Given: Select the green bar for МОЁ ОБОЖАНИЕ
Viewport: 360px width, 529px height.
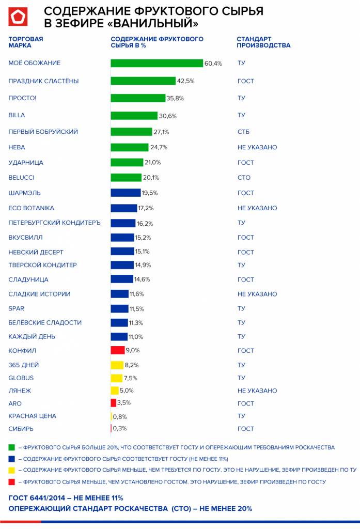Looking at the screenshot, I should [156, 63].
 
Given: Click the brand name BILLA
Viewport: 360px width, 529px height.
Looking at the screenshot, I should [17, 115].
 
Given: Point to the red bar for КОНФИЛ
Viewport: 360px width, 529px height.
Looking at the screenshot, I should [118, 350].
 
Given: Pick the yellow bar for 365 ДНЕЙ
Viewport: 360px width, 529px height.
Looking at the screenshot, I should [117, 365].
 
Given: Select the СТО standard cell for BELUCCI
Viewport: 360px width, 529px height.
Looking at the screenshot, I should [244, 178].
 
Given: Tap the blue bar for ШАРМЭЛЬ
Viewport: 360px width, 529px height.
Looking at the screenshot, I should [126, 193].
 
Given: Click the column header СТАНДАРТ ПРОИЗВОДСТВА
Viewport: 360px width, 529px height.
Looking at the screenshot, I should [263, 42].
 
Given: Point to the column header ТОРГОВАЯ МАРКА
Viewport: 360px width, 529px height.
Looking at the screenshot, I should [26, 42].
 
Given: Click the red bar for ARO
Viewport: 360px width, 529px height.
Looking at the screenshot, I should [114, 403].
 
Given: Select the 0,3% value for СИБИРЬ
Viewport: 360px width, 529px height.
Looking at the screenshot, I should [119, 428].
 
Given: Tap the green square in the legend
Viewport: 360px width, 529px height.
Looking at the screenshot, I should [11, 447].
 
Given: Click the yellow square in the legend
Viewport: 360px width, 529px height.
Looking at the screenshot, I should [11, 470].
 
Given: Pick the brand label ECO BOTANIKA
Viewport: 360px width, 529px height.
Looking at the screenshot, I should [32, 208].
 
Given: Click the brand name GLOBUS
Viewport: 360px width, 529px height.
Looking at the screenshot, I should [21, 378].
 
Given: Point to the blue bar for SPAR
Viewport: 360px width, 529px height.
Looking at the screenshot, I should [119, 308].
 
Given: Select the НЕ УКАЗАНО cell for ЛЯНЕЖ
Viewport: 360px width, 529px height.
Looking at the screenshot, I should [257, 391].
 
